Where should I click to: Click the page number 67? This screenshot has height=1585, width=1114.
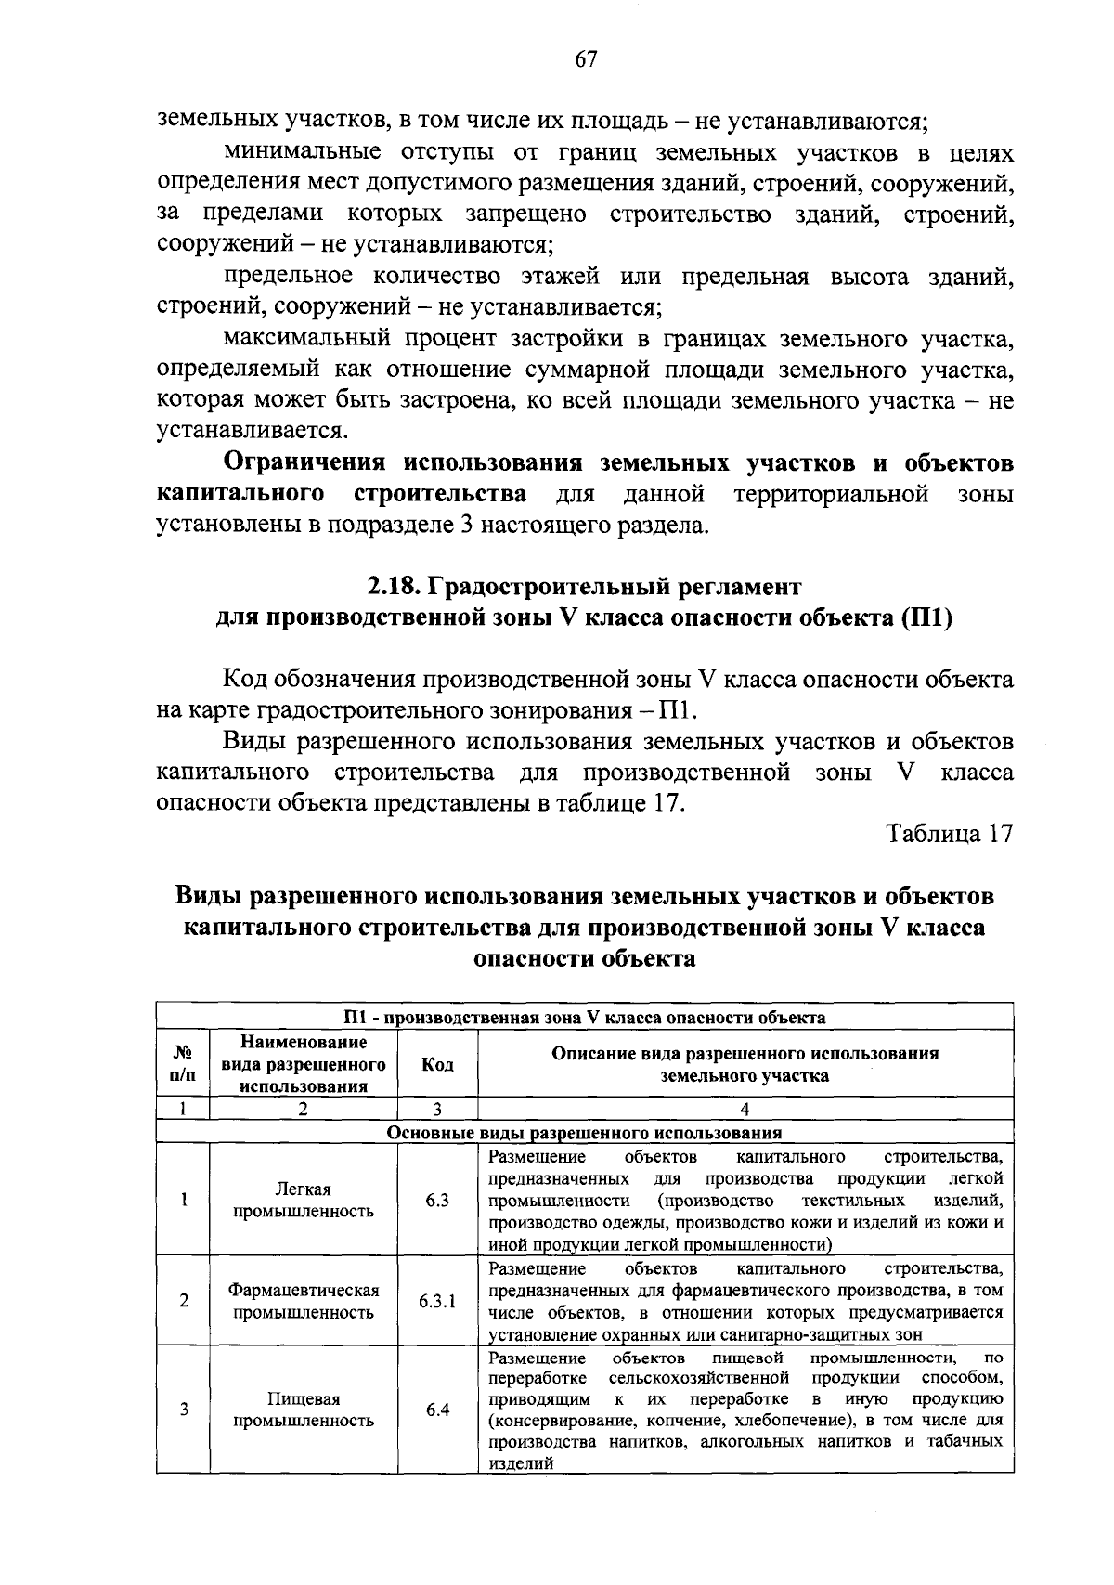(585, 59)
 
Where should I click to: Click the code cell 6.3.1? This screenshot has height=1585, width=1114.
(437, 1301)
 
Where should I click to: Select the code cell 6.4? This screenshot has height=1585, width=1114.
(437, 1410)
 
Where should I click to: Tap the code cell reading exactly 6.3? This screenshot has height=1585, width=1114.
(437, 1201)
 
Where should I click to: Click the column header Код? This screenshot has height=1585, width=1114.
(437, 1064)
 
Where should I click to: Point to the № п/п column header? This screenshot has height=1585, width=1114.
(184, 1064)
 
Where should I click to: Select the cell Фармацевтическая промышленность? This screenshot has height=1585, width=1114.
(304, 1301)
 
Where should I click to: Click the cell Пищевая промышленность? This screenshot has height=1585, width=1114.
(304, 1410)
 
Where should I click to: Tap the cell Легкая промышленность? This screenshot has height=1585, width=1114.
(304, 1201)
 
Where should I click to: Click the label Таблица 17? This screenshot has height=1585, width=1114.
(949, 833)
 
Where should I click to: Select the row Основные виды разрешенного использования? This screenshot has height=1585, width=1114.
(584, 1132)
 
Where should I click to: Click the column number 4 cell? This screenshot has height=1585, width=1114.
(745, 1109)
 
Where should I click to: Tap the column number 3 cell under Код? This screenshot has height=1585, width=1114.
(437, 1109)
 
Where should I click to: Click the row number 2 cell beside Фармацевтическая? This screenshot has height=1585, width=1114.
(184, 1301)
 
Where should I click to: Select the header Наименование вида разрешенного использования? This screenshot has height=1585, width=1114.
(304, 1064)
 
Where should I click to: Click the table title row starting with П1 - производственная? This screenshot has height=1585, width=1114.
(584, 1017)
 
